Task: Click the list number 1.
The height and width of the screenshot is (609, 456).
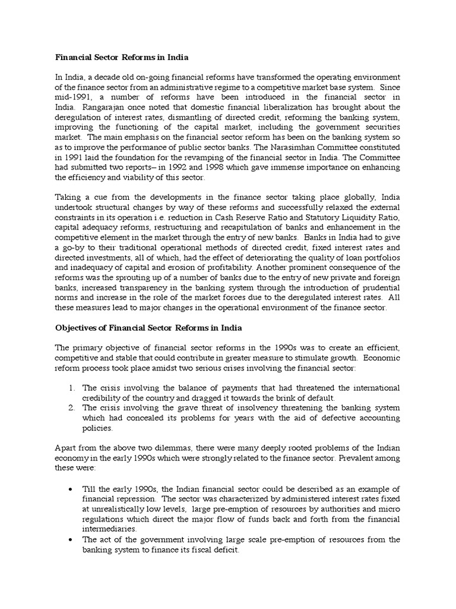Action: tap(71, 388)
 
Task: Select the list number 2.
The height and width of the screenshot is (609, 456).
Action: tap(71, 408)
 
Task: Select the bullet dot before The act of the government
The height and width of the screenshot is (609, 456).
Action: tap(71, 539)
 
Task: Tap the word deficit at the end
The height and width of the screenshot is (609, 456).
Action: tap(225, 550)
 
